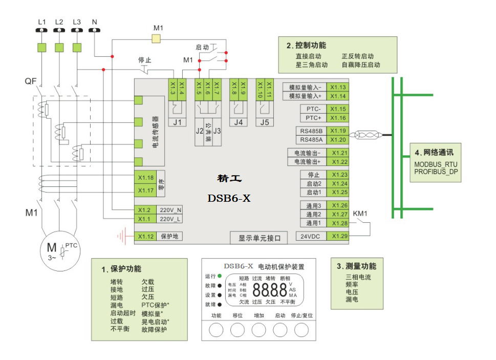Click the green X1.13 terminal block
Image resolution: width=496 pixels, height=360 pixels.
pos(338,87)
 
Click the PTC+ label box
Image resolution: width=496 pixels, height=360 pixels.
pos(313,118)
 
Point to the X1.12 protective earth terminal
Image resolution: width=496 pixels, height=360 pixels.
pos(145,237)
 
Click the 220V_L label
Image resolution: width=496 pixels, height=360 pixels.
pos(170,219)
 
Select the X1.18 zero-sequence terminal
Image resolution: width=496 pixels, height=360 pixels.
pos(145,178)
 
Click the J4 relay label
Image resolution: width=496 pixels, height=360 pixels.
pos(238,122)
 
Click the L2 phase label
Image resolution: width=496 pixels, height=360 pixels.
pos(59,22)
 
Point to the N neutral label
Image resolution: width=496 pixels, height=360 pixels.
pos(94,22)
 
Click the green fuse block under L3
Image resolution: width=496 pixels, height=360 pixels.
pos(77,48)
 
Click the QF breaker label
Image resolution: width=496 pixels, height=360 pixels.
pos(30,81)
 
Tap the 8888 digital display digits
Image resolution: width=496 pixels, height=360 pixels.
pos(270,290)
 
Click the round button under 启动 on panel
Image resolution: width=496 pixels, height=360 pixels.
pos(280,330)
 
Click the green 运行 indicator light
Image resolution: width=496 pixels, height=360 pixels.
pos(220,276)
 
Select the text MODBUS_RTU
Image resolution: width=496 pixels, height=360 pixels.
pos(436,164)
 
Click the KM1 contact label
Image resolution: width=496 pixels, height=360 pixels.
pos(360,213)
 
